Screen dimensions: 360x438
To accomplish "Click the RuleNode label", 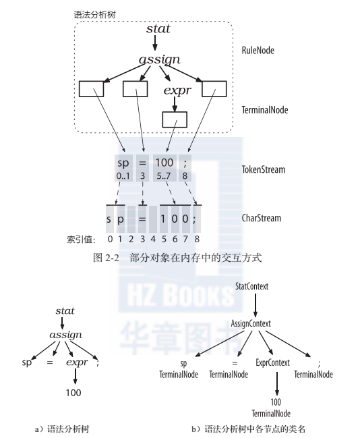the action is point(258,51).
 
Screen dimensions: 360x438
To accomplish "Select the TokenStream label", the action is point(264,169).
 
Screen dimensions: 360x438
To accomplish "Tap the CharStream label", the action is point(262,218).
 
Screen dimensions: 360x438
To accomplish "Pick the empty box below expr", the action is point(175,119).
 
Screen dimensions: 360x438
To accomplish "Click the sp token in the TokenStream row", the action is point(123,163).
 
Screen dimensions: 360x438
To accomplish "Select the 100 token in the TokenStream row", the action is point(164,162).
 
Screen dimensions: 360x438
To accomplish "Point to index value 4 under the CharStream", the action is point(153,239).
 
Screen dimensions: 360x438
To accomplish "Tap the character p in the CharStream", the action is point(120,219).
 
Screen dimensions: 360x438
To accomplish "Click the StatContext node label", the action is point(251,286).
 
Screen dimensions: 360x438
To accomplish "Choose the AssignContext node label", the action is point(251,323).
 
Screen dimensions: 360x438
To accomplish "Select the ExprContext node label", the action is point(272,362).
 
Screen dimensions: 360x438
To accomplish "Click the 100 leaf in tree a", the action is point(73,393).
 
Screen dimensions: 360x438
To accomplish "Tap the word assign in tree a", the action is point(66,335).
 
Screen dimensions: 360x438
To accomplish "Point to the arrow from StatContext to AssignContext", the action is point(255,305).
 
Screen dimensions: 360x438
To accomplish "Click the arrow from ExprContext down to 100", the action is point(277,383).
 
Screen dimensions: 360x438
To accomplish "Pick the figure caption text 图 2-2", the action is point(106,258).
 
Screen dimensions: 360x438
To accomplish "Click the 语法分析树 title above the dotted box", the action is point(94,15).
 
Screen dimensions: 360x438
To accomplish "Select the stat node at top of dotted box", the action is point(158,28).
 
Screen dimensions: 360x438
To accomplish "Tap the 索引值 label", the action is point(81,240).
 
